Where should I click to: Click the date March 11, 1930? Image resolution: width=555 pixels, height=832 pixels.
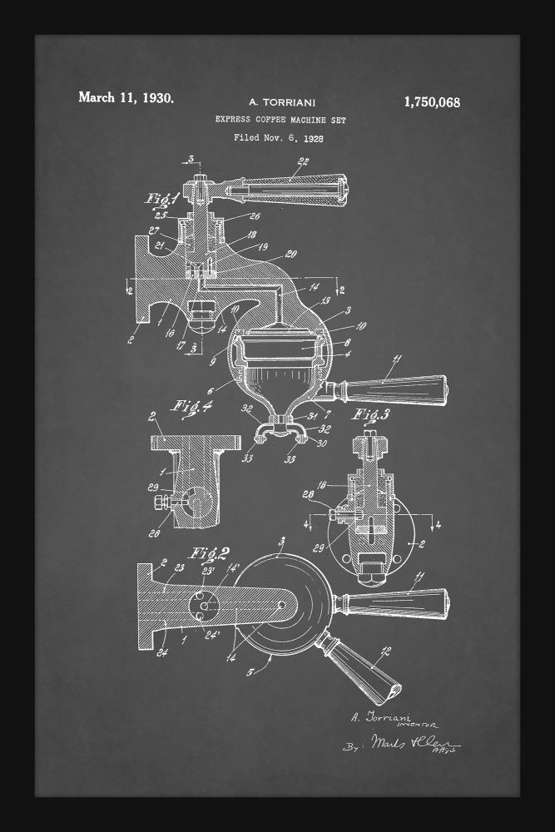[126, 98]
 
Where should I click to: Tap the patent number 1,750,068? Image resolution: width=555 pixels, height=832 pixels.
[431, 103]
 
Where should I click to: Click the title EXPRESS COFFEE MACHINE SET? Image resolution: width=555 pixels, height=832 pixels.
[280, 121]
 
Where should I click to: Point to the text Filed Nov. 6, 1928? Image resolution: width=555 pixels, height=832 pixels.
[278, 138]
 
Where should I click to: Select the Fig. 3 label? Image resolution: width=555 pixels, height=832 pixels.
[373, 414]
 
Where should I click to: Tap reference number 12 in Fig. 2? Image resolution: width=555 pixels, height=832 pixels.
[384, 652]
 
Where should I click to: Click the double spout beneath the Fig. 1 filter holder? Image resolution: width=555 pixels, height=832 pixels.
[277, 429]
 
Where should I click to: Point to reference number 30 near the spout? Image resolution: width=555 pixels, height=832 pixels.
[322, 443]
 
